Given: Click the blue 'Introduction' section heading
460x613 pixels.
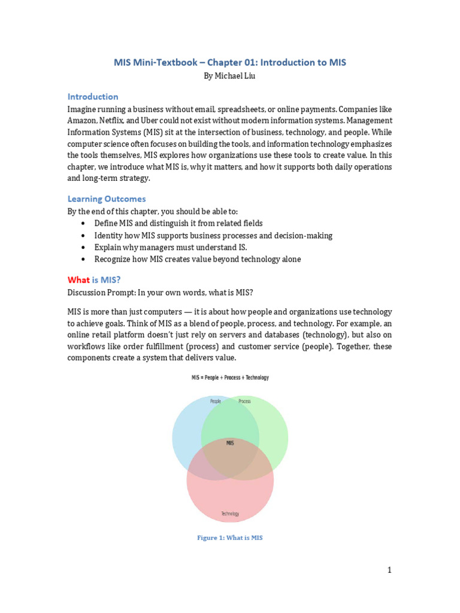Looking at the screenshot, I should [93, 96].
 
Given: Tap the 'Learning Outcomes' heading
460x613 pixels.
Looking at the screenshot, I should [106, 199].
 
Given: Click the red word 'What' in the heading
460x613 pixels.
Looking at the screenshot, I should [78, 280].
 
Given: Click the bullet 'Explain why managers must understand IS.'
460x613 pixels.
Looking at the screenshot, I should [170, 247].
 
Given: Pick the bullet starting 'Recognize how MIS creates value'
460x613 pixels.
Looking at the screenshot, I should [197, 259].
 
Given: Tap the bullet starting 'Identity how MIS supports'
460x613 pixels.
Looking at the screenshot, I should [213, 235].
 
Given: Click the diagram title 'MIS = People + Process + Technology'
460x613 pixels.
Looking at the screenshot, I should [230, 378].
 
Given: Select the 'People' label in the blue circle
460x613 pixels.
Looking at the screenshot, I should [216, 401].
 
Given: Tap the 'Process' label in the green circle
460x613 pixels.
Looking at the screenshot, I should [244, 401].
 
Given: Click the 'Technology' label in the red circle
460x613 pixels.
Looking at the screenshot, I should [230, 514].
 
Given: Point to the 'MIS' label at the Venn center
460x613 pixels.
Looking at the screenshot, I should [230, 444].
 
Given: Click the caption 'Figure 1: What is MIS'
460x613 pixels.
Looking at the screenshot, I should [230, 538].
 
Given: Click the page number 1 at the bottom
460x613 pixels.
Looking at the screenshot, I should [389, 570].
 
